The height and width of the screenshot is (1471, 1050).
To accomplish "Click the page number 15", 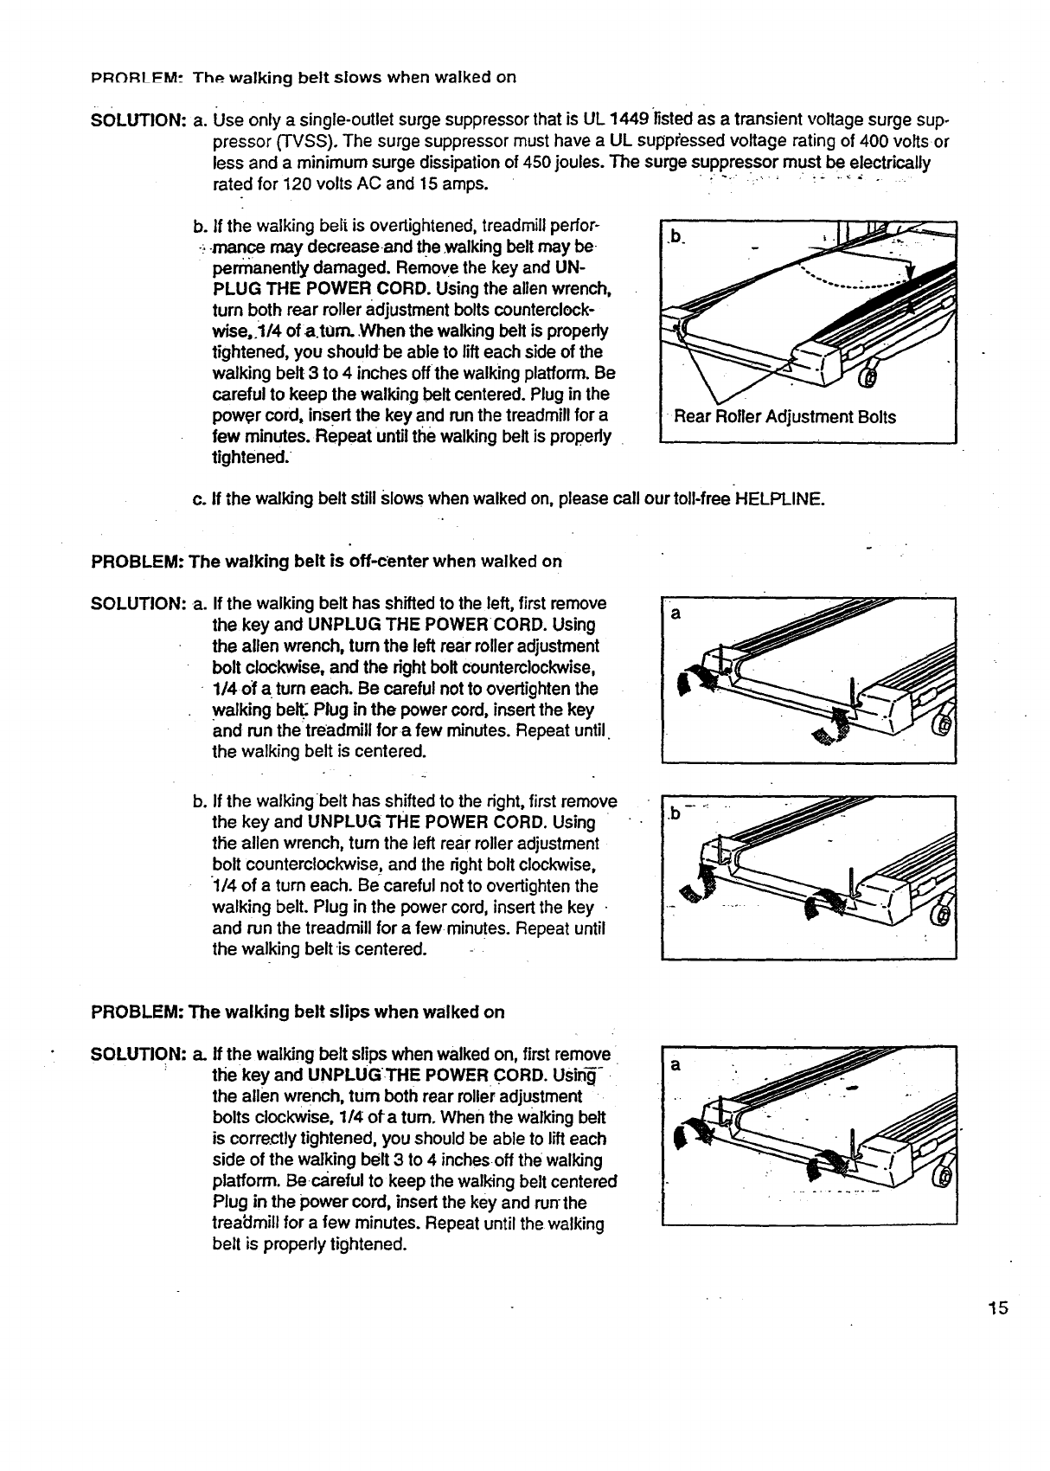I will tap(999, 1307).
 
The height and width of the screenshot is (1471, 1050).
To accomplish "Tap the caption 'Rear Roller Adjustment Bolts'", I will tap(784, 417).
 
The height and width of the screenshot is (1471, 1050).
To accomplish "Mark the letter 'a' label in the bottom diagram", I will tap(676, 1064).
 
